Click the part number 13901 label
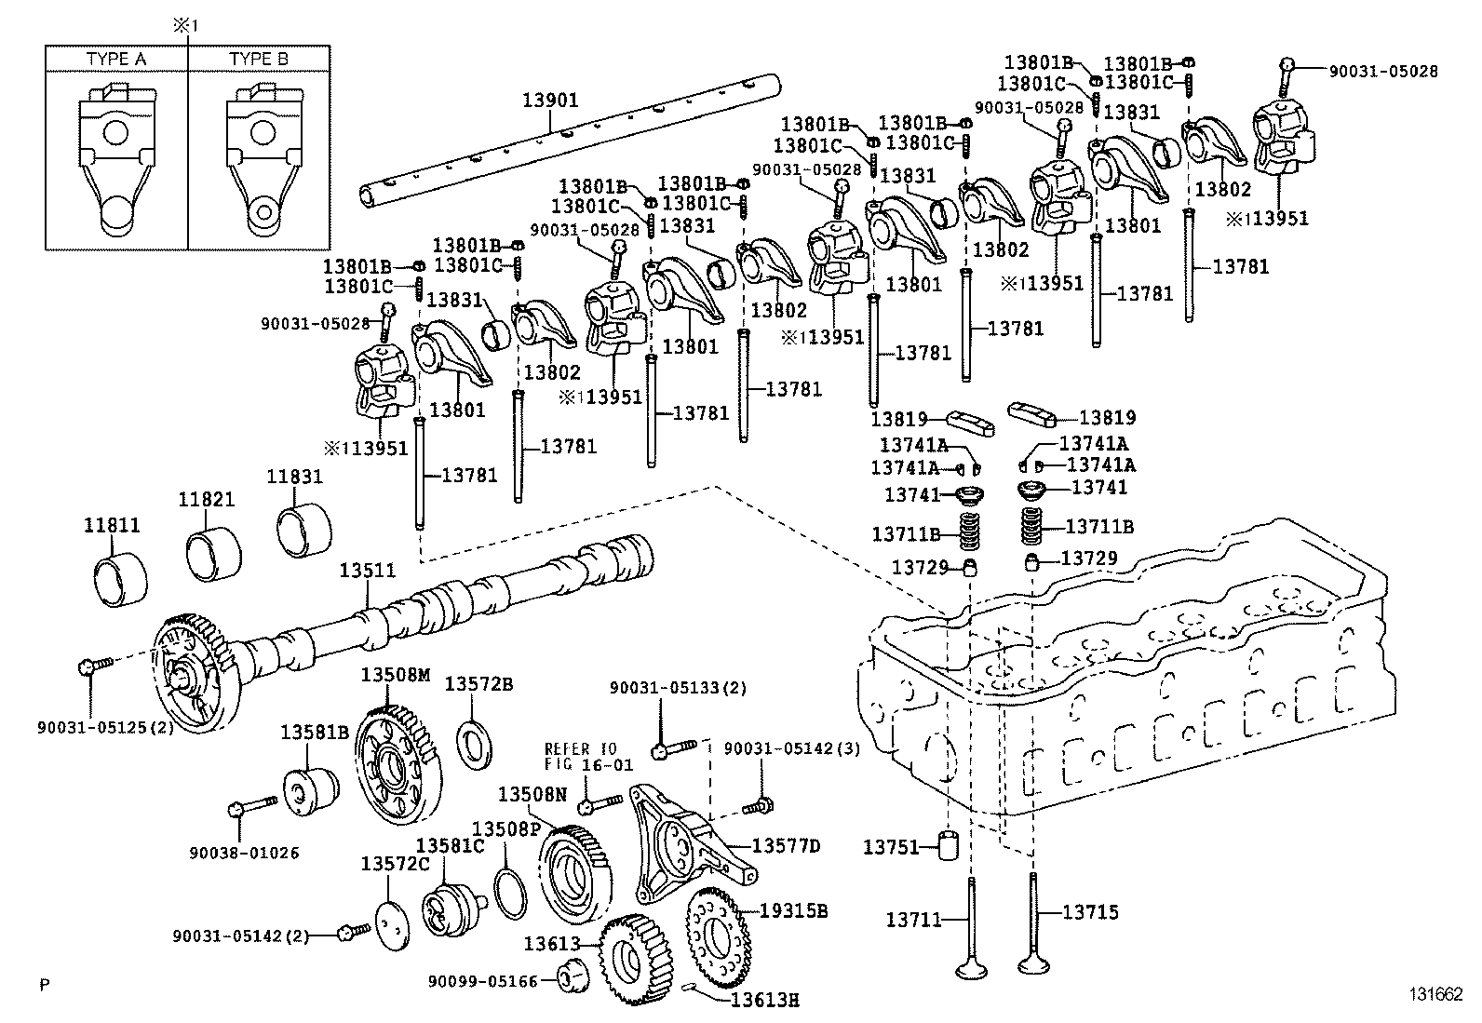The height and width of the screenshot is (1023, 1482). pyautogui.click(x=550, y=100)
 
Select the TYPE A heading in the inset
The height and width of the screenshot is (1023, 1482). pyautogui.click(x=116, y=59)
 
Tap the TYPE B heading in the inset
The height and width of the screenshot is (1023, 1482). pyautogui.click(x=259, y=59)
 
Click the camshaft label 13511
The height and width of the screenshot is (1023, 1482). pyautogui.click(x=367, y=571)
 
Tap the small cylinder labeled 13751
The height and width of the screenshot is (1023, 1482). pyautogui.click(x=948, y=846)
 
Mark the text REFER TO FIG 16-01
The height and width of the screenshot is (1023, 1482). pyautogui.click(x=588, y=757)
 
